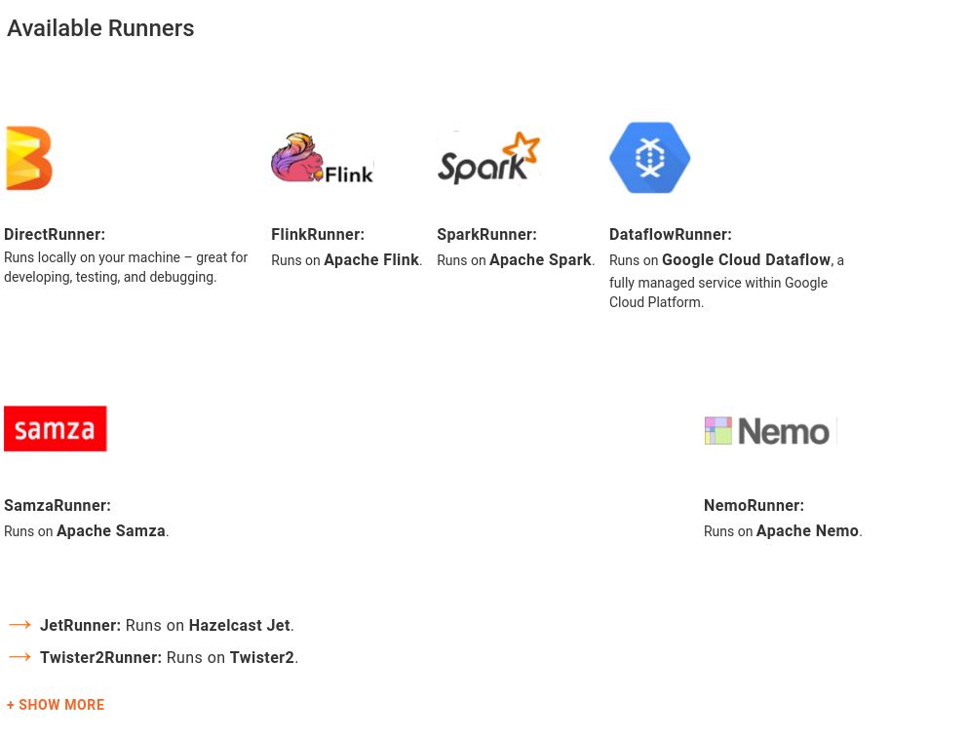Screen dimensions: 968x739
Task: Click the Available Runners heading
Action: (100, 28)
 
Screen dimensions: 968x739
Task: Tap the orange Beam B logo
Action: (28, 158)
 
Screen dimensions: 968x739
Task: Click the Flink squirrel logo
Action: (322, 158)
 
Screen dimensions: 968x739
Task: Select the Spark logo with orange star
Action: (488, 158)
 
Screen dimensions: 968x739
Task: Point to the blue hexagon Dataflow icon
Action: (649, 158)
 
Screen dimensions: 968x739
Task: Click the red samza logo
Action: (56, 429)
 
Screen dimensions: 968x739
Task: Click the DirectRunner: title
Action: (55, 234)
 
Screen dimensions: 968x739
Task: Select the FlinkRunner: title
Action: (318, 234)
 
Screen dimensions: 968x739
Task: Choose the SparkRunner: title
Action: (486, 234)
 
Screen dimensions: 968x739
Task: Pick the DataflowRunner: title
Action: (670, 234)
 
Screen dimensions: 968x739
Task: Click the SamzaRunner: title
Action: (58, 505)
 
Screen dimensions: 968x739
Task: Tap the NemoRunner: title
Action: (754, 505)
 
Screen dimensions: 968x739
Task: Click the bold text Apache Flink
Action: (371, 260)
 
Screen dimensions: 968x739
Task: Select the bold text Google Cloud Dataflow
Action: (746, 260)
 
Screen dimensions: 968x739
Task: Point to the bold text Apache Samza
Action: (111, 531)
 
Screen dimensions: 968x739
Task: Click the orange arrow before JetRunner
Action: (19, 625)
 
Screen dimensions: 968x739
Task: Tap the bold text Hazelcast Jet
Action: (239, 625)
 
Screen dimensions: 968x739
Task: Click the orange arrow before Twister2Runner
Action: (19, 657)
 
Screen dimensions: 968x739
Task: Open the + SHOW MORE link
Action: (56, 705)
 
